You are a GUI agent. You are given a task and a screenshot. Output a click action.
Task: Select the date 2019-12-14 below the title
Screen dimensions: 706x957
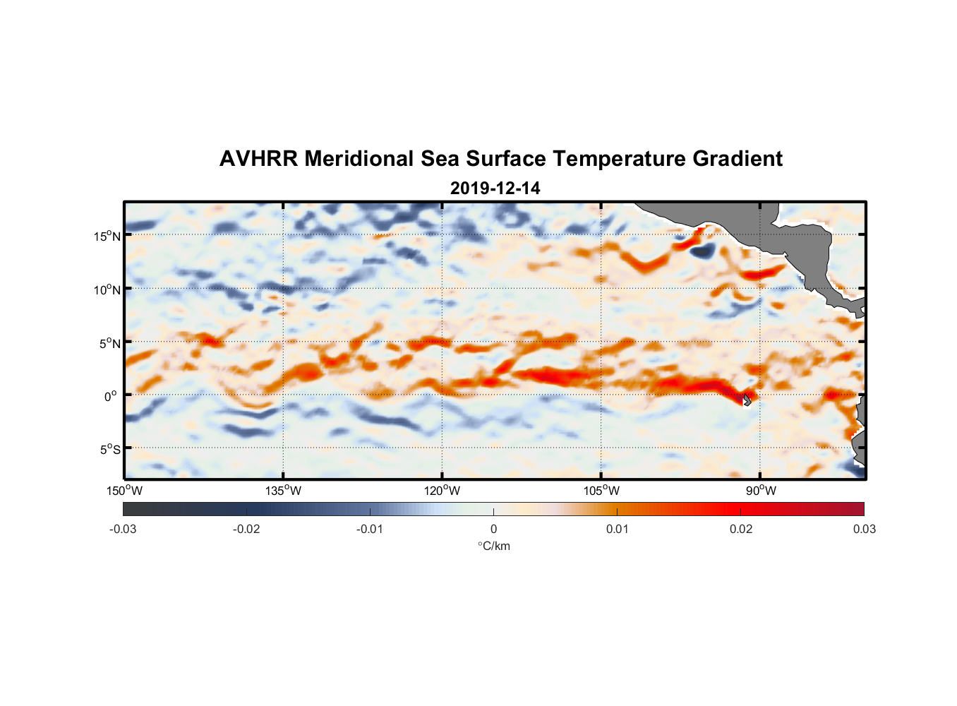pos(495,189)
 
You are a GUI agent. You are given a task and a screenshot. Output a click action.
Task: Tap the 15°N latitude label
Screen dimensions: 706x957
pos(107,236)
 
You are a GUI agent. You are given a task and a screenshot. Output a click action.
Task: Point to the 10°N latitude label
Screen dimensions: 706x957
pos(107,289)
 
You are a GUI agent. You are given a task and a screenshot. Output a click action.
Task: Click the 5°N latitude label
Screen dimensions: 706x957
pos(109,343)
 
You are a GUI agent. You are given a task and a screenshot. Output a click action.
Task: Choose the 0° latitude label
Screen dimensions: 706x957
pos(111,396)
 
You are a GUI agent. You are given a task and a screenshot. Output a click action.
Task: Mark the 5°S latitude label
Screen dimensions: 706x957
pos(109,449)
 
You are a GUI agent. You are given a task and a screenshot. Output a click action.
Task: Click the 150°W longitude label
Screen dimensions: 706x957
pos(125,491)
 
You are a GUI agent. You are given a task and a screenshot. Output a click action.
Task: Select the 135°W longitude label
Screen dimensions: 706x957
pos(284,491)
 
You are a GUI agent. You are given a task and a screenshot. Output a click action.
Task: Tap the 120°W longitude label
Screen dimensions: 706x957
pos(443,491)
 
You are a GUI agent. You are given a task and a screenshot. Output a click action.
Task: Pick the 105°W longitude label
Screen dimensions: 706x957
pos(601,491)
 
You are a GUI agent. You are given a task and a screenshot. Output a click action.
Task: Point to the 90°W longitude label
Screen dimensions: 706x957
pos(760,491)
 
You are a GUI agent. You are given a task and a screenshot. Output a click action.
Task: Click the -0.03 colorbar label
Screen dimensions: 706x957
pos(123,529)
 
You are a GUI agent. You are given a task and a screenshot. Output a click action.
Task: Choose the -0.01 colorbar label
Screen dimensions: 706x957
pos(370,529)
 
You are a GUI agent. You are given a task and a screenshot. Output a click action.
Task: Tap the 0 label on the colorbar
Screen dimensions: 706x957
pos(493,529)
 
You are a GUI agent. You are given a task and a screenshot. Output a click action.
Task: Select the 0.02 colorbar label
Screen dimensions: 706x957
pos(741,529)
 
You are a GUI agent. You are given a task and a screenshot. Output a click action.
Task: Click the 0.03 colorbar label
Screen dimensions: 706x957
pos(864,529)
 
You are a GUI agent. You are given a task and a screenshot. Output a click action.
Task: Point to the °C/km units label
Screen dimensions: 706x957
pos(494,546)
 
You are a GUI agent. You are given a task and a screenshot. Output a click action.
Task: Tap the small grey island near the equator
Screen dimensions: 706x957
pos(747,400)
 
